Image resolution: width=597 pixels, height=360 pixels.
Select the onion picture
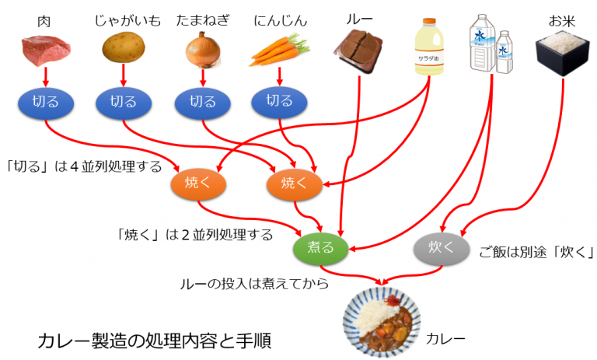tap(202, 50)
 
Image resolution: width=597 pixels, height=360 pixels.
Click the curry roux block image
tap(358, 50)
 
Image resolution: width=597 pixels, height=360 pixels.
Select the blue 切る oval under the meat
tap(45, 102)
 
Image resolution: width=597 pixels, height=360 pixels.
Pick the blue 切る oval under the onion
tap(202, 102)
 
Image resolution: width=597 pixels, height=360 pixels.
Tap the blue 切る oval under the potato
tap(124, 102)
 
